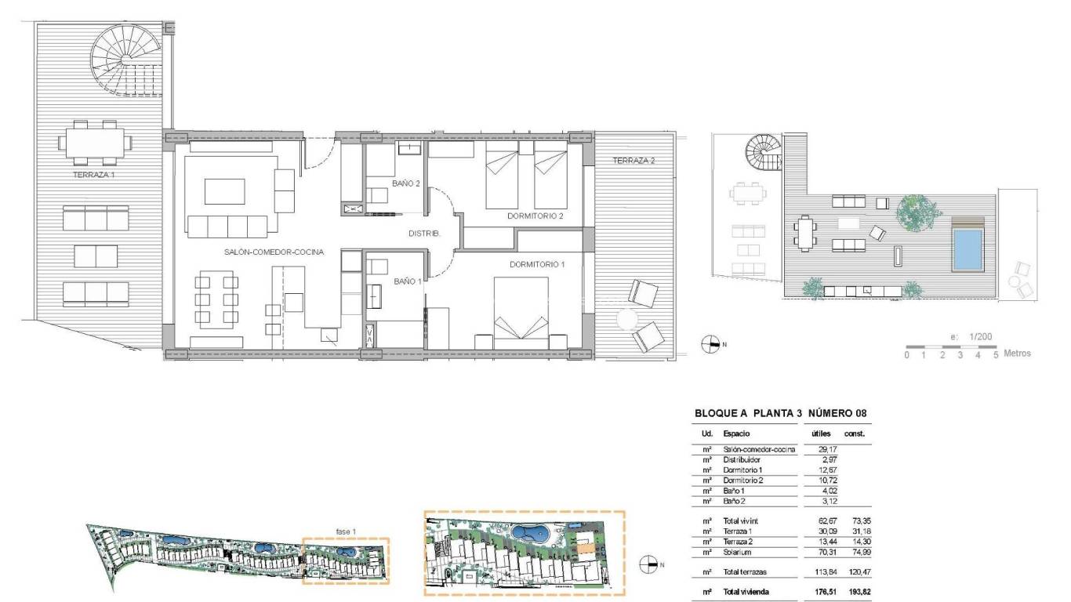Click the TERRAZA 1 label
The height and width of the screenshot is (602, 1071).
94,175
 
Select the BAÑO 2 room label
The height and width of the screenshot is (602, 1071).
407,183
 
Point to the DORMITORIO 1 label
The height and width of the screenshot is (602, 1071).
537,265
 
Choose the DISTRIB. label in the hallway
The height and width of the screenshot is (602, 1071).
425,234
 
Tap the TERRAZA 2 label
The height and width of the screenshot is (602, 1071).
634,161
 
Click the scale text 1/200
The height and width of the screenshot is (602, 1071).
979,336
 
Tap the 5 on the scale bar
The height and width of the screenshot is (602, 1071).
996,355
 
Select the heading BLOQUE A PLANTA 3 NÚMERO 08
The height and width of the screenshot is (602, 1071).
780,413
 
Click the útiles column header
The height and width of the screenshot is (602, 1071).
820,433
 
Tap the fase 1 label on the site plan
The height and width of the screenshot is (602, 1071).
346,532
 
